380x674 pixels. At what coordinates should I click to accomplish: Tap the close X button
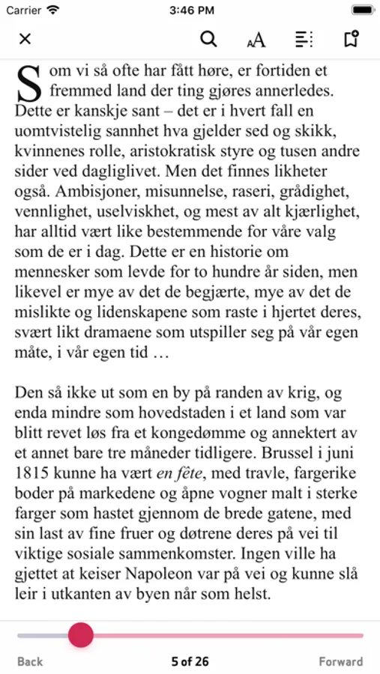point(25,40)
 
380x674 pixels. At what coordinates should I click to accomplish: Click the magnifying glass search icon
point(209,40)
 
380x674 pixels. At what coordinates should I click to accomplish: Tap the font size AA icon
point(256,40)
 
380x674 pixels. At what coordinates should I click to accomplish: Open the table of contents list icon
point(304,40)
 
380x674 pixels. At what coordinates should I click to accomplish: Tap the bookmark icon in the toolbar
point(351,40)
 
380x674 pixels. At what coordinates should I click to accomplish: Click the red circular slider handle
point(81,635)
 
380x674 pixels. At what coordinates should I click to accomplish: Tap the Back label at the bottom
point(30,661)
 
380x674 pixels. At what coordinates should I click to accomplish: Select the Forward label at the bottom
point(341,661)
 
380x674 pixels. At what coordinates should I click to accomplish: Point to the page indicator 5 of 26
point(190,661)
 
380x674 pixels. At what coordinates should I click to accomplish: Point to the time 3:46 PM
point(190,10)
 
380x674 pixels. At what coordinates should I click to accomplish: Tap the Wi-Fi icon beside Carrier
point(52,10)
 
